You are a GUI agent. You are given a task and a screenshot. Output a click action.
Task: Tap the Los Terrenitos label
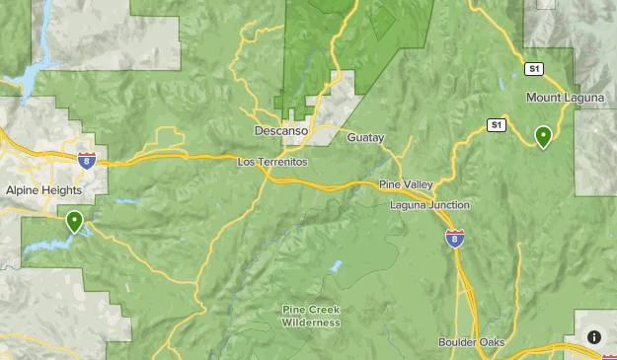[x=272, y=161]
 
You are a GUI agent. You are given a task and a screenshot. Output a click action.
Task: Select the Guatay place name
[x=365, y=137]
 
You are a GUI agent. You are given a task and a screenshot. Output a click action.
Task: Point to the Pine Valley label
[x=407, y=184]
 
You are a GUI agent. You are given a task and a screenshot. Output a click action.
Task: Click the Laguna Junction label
[x=428, y=204]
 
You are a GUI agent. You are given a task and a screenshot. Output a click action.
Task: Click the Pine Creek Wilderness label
[x=311, y=316]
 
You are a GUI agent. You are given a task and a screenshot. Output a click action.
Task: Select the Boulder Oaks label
[x=472, y=342]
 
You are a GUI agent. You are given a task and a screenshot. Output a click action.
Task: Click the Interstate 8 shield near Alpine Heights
[x=87, y=160]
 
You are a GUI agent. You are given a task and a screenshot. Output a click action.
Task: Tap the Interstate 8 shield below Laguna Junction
[x=454, y=239]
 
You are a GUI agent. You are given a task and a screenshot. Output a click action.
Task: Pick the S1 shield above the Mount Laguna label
[x=534, y=68]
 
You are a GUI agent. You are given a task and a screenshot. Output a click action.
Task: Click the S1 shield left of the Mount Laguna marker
[x=497, y=125]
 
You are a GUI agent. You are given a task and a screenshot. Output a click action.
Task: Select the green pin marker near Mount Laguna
[x=543, y=136]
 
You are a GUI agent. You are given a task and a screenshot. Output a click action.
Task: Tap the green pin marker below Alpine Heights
[x=74, y=221]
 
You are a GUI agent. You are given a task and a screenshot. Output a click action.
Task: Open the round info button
[x=594, y=337]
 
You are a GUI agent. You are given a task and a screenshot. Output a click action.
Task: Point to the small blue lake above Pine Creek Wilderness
[x=337, y=267]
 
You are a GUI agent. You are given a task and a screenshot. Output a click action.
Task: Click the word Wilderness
[x=311, y=323]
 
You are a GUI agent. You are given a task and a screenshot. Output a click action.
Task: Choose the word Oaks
[x=491, y=342]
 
